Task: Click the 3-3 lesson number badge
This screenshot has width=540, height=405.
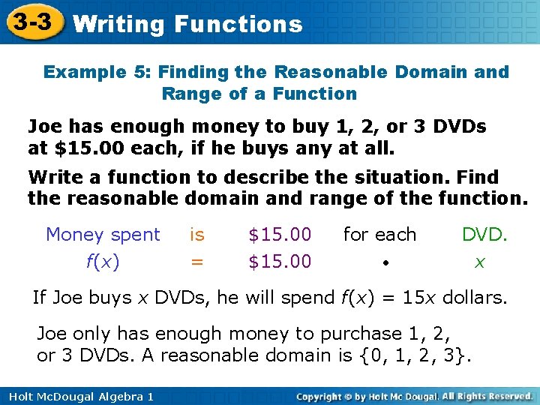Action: tap(31, 22)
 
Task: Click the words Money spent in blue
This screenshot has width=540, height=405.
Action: tap(103, 235)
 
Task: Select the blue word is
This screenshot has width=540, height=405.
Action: tap(196, 235)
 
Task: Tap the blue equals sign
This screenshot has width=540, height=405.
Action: tap(196, 262)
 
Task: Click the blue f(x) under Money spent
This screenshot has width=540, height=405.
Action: tap(103, 262)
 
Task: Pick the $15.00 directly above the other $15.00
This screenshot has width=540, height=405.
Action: tap(280, 235)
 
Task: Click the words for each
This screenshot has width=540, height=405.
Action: tap(379, 235)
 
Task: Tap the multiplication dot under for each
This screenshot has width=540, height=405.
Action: tap(383, 264)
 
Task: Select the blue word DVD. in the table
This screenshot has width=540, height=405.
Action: tap(484, 235)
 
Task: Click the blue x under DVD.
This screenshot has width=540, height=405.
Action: tap(480, 262)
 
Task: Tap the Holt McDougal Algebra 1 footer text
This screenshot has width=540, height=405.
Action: tap(78, 396)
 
